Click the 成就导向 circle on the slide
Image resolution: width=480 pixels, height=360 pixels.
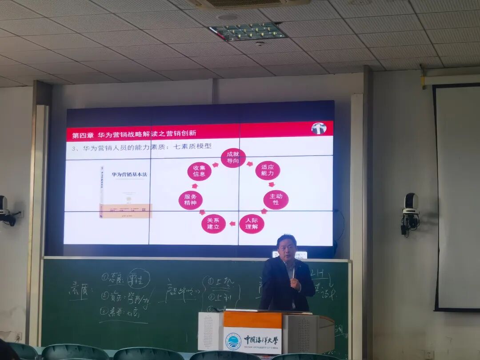pyautogui.click(x=233, y=158)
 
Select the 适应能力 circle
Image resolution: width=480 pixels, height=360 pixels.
pyautogui.click(x=268, y=170)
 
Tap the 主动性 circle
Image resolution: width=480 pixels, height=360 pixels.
pyautogui.click(x=276, y=200)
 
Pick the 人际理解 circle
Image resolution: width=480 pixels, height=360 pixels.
pyautogui.click(x=252, y=224)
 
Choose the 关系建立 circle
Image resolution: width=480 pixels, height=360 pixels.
pyautogui.click(x=213, y=224)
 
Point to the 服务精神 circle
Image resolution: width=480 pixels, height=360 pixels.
pyautogui.click(x=191, y=200)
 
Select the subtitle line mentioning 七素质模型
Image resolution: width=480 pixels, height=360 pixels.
pyautogui.click(x=142, y=147)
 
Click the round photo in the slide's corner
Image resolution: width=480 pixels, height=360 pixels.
pyautogui.click(x=319, y=128)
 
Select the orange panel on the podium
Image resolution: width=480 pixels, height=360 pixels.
pyautogui.click(x=252, y=319)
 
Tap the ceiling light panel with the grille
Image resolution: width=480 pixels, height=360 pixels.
pyautogui.click(x=248, y=31)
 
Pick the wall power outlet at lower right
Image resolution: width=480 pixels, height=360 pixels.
pyautogui.click(x=428, y=354)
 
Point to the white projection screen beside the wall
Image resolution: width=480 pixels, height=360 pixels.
pyautogui.click(x=458, y=198)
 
